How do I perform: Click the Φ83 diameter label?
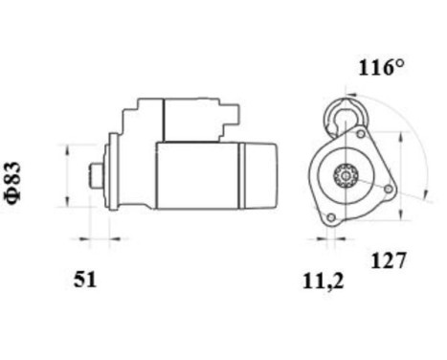pyautogui.click(x=12, y=181)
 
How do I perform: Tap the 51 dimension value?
pyautogui.click(x=86, y=280)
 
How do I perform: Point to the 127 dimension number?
pyautogui.click(x=390, y=259)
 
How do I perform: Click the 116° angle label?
pyautogui.click(x=382, y=68)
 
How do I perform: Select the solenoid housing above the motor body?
pyautogui.click(x=182, y=120)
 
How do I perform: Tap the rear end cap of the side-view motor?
pyautogui.click(x=261, y=175)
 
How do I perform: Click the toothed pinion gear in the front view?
pyautogui.click(x=345, y=176)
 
